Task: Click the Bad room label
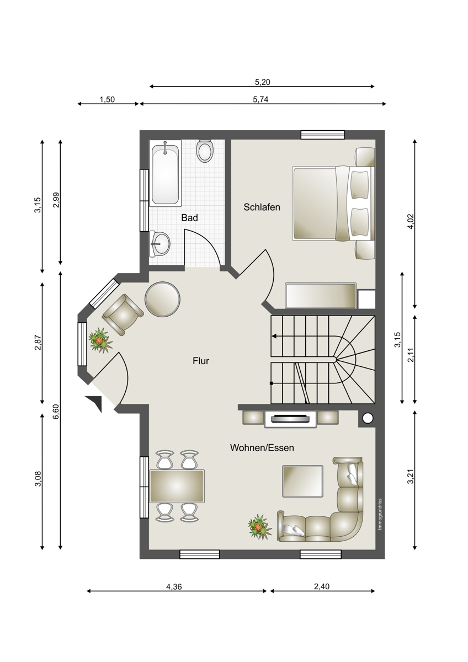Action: pos(189,218)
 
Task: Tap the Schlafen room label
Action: pos(262,207)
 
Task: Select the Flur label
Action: pos(201,361)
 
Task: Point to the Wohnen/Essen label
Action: pos(262,448)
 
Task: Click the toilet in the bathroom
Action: pos(205,151)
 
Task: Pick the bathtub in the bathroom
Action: pos(165,173)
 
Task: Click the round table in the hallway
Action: pos(163,300)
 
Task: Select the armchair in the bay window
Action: pos(123,315)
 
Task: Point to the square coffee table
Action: pos(303,481)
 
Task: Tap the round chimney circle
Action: pos(368,418)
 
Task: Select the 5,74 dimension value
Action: pos(260,99)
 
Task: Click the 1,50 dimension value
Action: pos(107,99)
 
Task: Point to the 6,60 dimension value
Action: pos(57,412)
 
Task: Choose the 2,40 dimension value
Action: pos(322,586)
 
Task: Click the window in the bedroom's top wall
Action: pos(323,135)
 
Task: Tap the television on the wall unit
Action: pos(291,419)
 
